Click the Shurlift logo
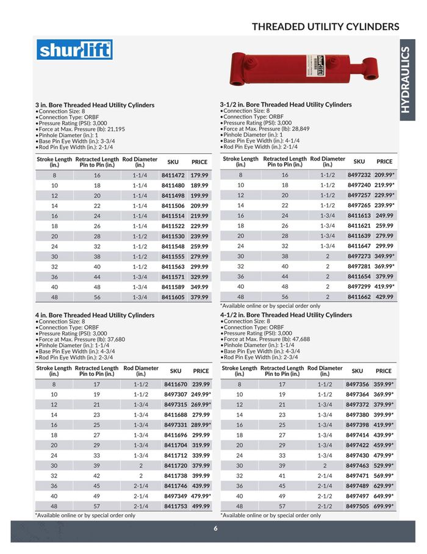pyautogui.click(x=74, y=49)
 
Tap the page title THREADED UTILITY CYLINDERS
pyautogui.click(x=325, y=26)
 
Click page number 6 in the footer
pyautogui.click(x=215, y=528)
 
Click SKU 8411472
pyautogui.click(x=173, y=175)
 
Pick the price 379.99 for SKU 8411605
pyautogui.click(x=199, y=297)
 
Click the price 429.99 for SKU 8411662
pyautogui.click(x=384, y=297)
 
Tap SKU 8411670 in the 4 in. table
pyautogui.click(x=176, y=384)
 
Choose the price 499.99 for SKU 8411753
pyautogui.click(x=201, y=506)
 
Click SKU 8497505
pyautogui.click(x=357, y=506)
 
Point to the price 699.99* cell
pyautogui.click(x=384, y=506)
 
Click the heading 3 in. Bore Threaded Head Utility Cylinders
pyautogui.click(x=95, y=105)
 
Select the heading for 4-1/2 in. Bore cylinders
pyautogui.click(x=286, y=315)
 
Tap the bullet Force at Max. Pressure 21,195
pyautogui.click(x=81, y=129)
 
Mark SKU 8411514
pyautogui.click(x=173, y=215)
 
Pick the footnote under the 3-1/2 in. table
pyautogui.click(x=270, y=306)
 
